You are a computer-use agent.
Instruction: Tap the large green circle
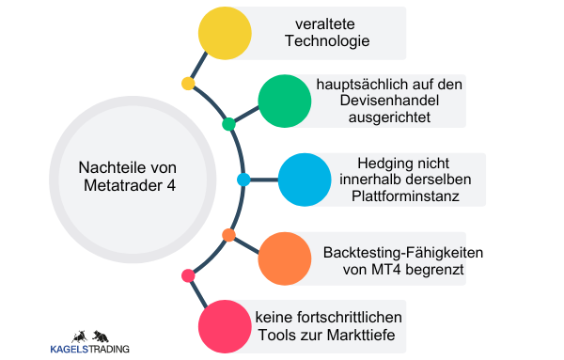tap(284, 101)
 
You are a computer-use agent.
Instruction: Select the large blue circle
tap(305, 179)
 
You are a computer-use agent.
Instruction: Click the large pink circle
tap(226, 325)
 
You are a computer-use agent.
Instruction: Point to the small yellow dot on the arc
tap(188, 84)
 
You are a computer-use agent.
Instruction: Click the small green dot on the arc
tap(228, 124)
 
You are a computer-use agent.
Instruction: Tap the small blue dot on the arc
tap(243, 179)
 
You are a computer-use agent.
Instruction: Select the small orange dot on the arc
tap(228, 234)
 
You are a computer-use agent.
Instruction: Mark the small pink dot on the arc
tap(188, 275)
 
